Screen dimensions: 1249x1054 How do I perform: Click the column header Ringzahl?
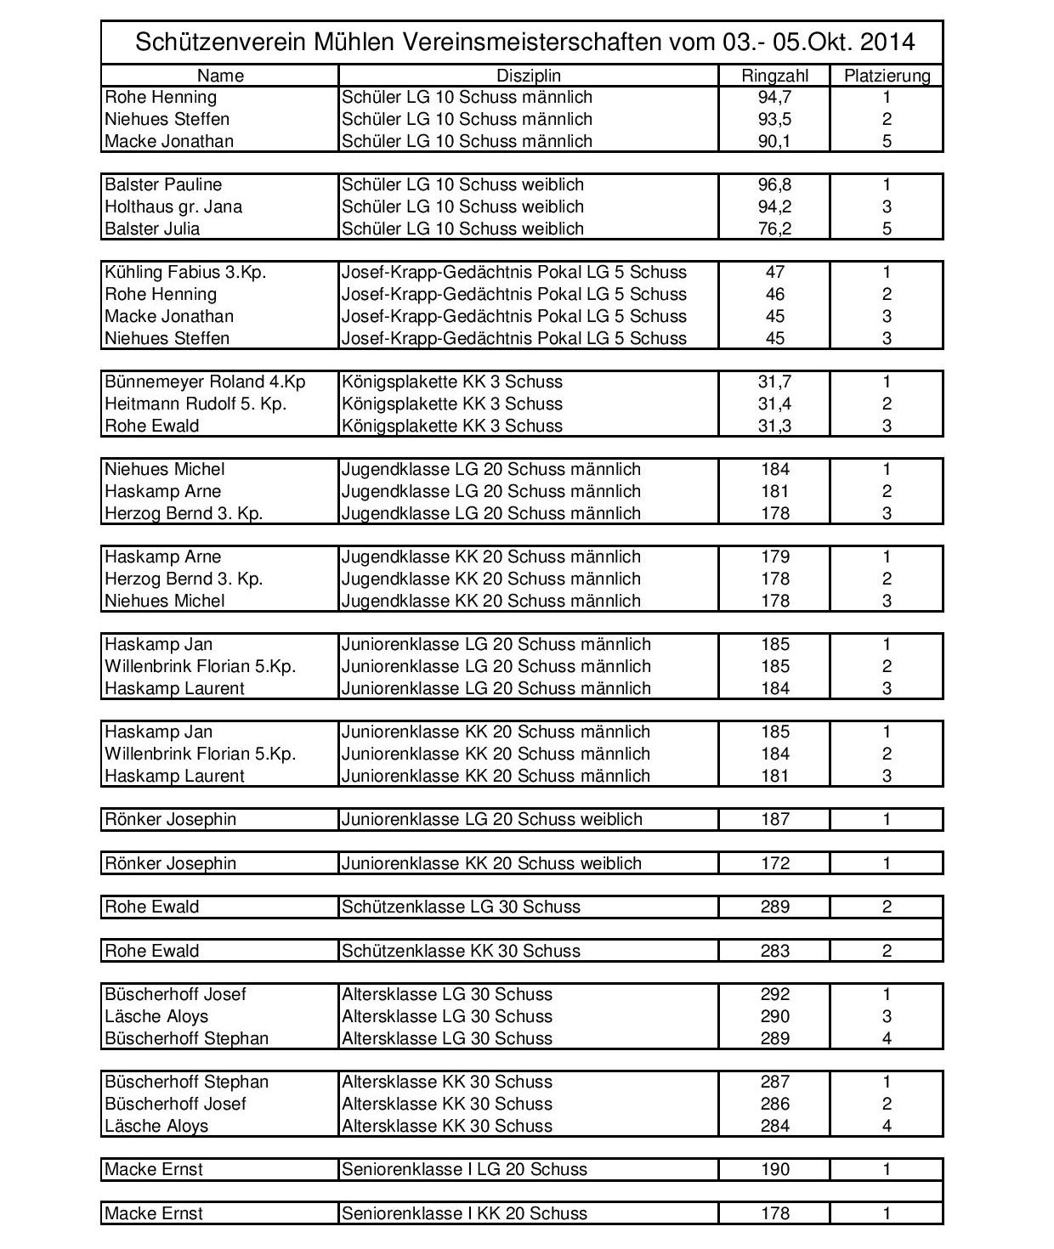point(774,76)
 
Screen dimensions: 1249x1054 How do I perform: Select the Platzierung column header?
point(887,76)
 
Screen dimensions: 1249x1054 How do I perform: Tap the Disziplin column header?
point(529,76)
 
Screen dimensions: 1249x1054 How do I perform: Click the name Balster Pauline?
point(163,184)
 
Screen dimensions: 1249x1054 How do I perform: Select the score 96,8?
point(774,184)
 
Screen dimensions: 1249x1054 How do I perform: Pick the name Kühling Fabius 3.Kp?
point(185,272)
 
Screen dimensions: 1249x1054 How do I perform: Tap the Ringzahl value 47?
point(774,272)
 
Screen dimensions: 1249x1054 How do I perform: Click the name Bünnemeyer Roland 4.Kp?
point(205,381)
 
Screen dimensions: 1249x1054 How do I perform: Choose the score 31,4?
point(774,404)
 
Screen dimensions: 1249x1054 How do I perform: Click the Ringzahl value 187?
point(774,819)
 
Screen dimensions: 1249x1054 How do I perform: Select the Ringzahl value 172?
point(774,863)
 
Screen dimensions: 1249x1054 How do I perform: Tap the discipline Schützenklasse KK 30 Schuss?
point(461,951)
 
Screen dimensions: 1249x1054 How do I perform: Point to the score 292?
point(774,994)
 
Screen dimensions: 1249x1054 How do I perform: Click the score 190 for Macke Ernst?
point(774,1169)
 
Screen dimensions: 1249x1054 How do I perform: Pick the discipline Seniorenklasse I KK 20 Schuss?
point(464,1213)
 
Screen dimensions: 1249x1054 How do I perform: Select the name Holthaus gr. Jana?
point(173,206)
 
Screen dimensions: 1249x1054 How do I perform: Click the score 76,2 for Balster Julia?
point(774,229)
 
